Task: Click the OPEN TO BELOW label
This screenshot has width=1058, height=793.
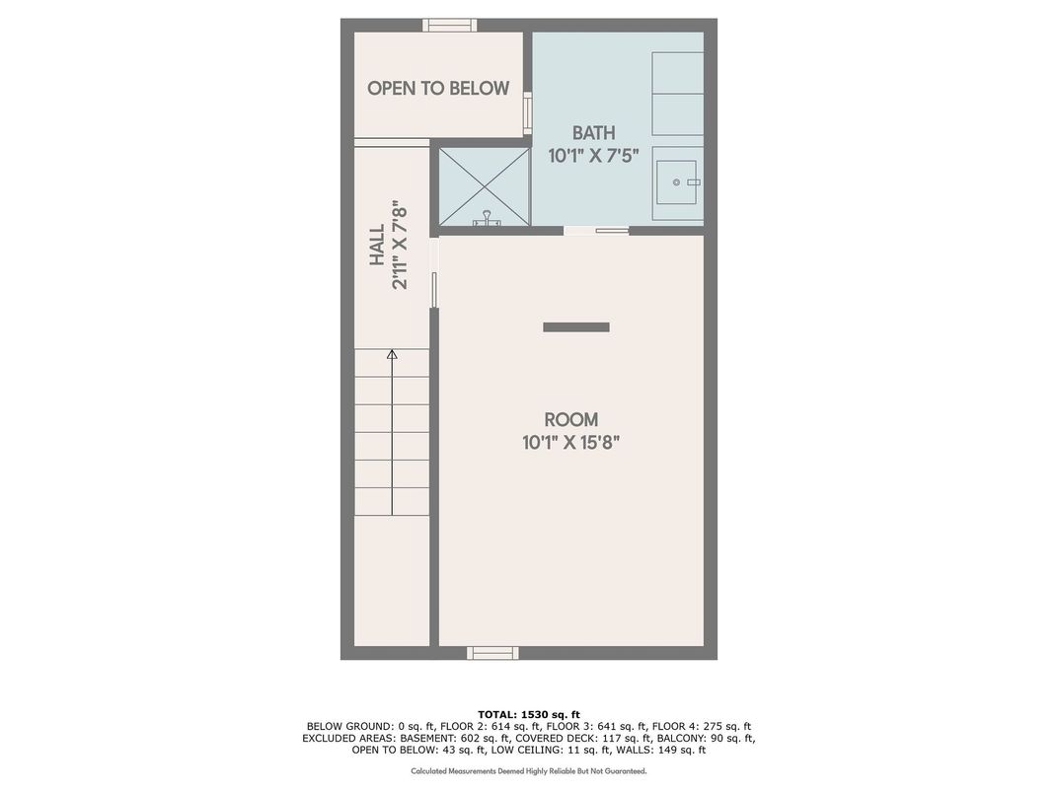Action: click(438, 89)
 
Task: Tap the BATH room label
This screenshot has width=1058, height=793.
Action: click(594, 132)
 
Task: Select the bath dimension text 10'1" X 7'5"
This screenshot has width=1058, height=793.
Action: click(594, 156)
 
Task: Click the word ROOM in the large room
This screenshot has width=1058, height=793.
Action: click(570, 419)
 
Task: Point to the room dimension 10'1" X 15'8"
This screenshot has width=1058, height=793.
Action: click(570, 443)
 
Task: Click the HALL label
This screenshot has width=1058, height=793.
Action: click(378, 246)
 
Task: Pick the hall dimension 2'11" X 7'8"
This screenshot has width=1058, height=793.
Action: click(400, 245)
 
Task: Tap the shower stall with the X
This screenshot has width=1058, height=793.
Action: click(485, 186)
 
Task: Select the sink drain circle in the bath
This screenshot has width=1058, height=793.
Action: click(676, 182)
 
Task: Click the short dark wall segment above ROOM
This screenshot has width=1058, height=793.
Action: click(576, 327)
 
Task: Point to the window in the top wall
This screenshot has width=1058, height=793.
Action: click(450, 26)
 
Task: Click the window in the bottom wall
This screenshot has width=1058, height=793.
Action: click(493, 653)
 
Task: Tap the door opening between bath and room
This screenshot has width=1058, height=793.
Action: click(596, 231)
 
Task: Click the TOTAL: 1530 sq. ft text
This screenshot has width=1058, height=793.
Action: click(529, 715)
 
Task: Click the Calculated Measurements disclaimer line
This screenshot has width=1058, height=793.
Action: click(529, 771)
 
